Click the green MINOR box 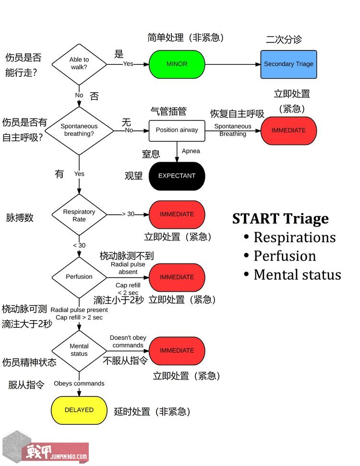[177, 64]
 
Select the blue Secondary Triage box [288, 64]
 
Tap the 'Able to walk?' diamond [79, 64]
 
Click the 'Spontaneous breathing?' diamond [79, 130]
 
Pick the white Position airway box [177, 130]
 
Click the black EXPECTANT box [177, 176]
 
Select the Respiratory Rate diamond [79, 215]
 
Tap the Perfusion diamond [79, 277]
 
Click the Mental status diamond [79, 350]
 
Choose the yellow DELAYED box [79, 410]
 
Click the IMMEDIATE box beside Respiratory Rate [177, 215]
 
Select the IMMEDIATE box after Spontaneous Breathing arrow [288, 130]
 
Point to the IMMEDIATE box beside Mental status [177, 350]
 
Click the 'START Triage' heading [280, 219]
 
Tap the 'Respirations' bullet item [294, 238]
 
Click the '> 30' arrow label [128, 214]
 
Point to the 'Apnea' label [191, 151]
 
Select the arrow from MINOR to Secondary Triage [233, 64]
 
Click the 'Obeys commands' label [79, 383]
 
